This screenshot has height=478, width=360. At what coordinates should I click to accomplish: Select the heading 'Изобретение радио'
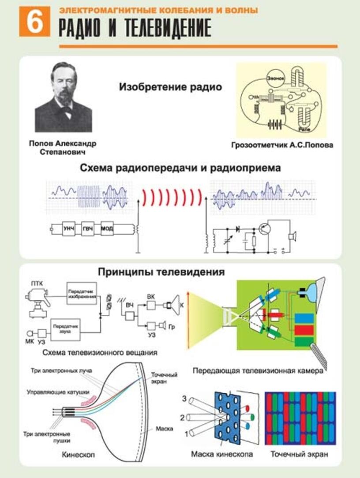point(170,87)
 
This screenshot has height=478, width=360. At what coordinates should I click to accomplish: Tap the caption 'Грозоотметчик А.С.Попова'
point(281,145)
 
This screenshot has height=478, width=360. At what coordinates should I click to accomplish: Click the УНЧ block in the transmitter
point(68,229)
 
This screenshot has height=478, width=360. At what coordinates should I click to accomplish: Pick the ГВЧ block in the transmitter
point(88,229)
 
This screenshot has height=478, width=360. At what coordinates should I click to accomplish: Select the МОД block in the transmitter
point(107,229)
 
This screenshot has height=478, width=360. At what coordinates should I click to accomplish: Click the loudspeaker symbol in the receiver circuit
point(291,236)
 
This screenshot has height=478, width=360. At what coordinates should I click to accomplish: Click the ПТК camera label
point(37,282)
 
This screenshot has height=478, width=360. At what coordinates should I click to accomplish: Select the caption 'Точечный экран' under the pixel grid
point(300,454)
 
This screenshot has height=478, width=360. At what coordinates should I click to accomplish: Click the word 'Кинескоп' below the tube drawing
point(79,454)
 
